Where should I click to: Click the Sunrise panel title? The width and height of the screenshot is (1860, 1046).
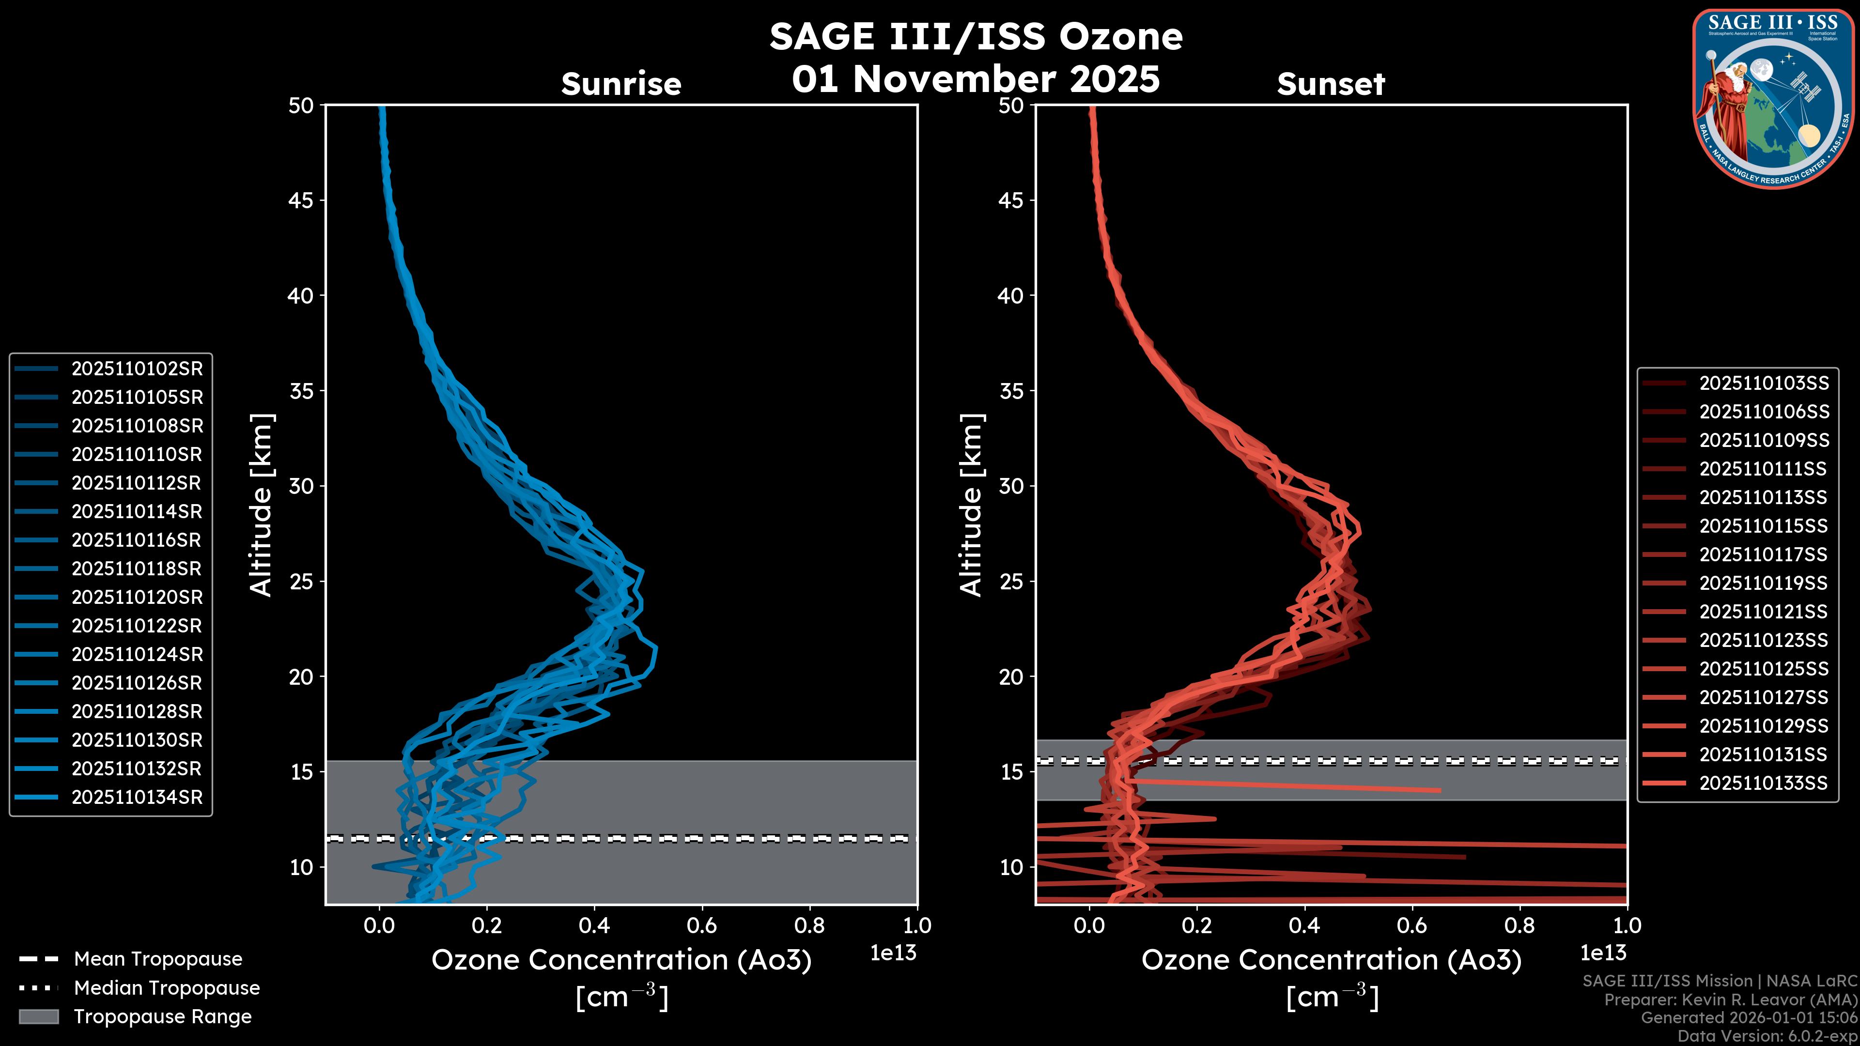(621, 84)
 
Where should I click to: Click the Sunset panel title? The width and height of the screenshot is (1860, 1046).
(1331, 84)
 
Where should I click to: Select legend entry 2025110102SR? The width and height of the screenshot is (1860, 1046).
(137, 369)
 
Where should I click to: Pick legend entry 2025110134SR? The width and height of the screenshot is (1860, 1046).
(137, 798)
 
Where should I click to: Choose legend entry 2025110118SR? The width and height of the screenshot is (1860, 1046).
(137, 569)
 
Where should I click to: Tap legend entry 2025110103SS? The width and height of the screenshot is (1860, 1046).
(1763, 384)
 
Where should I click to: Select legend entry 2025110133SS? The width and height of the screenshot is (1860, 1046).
(1763, 783)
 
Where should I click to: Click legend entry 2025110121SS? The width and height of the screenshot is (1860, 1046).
(1763, 612)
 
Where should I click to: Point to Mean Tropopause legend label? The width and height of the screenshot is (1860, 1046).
(157, 959)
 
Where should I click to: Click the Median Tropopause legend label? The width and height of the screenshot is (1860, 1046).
(166, 988)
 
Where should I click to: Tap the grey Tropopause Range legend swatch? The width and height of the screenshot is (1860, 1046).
(38, 1016)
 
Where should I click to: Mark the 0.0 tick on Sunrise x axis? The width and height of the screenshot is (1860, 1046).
(379, 925)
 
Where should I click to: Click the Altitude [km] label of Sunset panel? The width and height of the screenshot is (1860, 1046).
(971, 505)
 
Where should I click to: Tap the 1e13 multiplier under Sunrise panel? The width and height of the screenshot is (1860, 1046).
(892, 953)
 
